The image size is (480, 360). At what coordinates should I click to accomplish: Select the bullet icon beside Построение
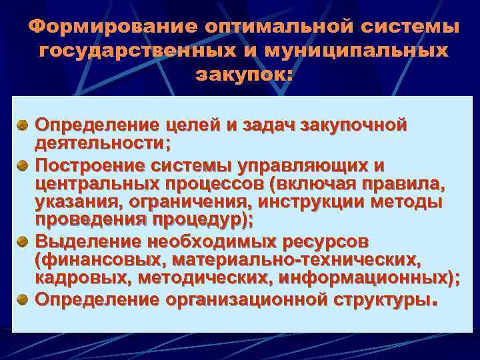click(22, 164)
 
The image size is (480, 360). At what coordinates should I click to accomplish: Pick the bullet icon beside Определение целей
click(22, 125)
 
